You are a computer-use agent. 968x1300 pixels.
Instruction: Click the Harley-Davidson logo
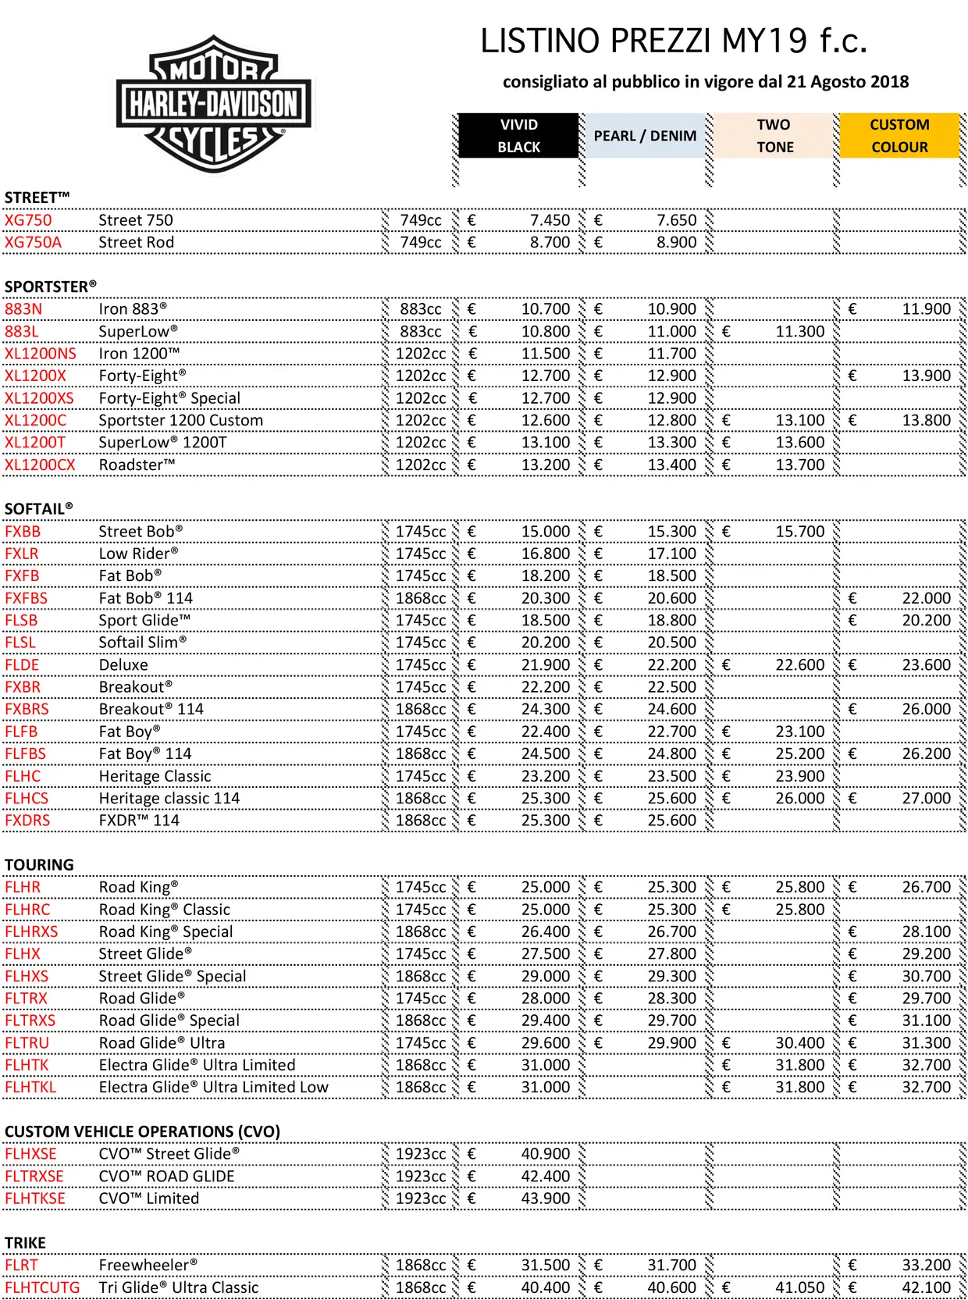213,104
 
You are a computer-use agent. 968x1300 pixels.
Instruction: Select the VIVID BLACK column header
518,136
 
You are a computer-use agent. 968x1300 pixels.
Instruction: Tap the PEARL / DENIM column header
645,136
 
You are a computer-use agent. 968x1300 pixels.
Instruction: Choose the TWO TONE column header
774,136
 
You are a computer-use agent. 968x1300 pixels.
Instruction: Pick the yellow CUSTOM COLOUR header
899,136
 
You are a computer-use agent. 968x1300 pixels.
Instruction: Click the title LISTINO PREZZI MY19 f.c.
674,41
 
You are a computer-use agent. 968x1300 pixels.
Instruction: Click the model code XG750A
33,242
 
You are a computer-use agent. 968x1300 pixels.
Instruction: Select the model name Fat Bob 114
145,598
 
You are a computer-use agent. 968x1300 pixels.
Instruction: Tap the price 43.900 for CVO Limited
546,1198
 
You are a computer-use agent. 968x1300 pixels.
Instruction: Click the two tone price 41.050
799,1288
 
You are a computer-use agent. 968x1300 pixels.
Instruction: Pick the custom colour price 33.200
926,1265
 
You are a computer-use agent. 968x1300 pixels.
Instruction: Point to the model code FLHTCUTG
42,1288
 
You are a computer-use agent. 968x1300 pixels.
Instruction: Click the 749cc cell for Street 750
421,220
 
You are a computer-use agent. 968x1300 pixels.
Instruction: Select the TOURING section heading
39,865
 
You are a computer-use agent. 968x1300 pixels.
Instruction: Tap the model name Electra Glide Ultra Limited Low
213,1087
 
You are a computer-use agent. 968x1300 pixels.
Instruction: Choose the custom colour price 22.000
926,598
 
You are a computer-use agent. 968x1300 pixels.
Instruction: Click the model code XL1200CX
40,465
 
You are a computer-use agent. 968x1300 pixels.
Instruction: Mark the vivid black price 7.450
550,220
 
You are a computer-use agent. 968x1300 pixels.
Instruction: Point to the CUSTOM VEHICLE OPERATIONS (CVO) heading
142,1131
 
